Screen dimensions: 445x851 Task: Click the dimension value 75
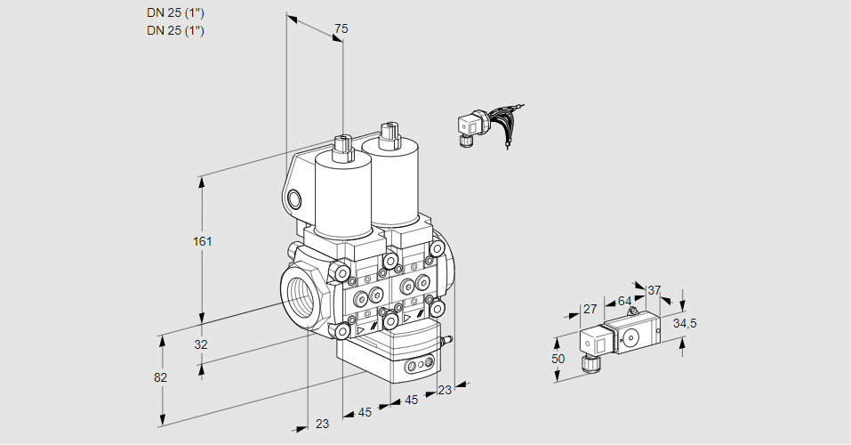[x=341, y=29]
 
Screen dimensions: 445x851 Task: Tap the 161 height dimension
[x=204, y=241]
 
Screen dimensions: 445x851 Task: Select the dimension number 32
[x=200, y=344]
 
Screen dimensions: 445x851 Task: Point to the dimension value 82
[x=160, y=377]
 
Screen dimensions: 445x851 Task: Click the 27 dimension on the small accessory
[x=588, y=309]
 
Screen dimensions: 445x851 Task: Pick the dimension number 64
[x=625, y=301]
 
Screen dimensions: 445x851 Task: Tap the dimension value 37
[x=655, y=290]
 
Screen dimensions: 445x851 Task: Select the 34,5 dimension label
[x=685, y=322]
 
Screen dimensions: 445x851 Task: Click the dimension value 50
[x=558, y=358]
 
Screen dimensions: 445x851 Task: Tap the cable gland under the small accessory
[x=589, y=363]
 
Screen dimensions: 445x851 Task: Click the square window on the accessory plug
[x=600, y=343]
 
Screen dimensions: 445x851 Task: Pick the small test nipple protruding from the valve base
[x=447, y=338]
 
